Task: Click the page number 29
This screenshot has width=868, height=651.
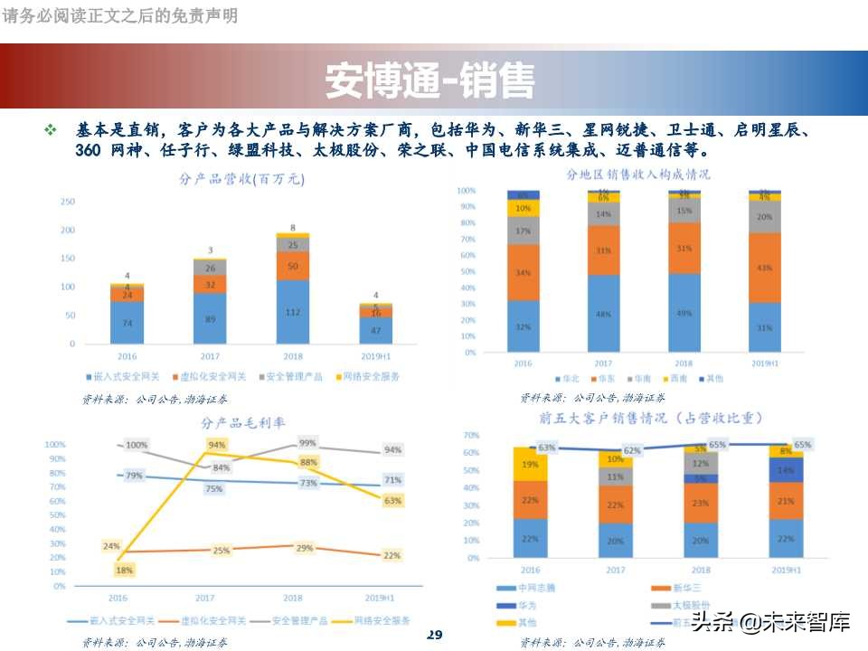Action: (434, 634)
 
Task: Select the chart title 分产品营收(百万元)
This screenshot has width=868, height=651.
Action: (242, 179)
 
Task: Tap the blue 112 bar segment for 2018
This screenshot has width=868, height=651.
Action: (293, 312)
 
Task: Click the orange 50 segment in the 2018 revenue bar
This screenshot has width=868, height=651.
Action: (293, 266)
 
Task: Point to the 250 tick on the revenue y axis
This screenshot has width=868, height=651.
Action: (68, 202)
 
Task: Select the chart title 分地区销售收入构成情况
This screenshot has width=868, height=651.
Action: (638, 174)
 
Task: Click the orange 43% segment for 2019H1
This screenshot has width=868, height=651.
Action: (764, 268)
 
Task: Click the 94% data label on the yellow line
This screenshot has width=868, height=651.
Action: (217, 445)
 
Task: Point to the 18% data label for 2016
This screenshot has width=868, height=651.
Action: (124, 570)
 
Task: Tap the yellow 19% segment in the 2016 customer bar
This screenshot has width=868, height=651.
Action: (530, 464)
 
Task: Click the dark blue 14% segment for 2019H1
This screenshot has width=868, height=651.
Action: (785, 470)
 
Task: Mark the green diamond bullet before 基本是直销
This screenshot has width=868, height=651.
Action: (51, 131)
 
